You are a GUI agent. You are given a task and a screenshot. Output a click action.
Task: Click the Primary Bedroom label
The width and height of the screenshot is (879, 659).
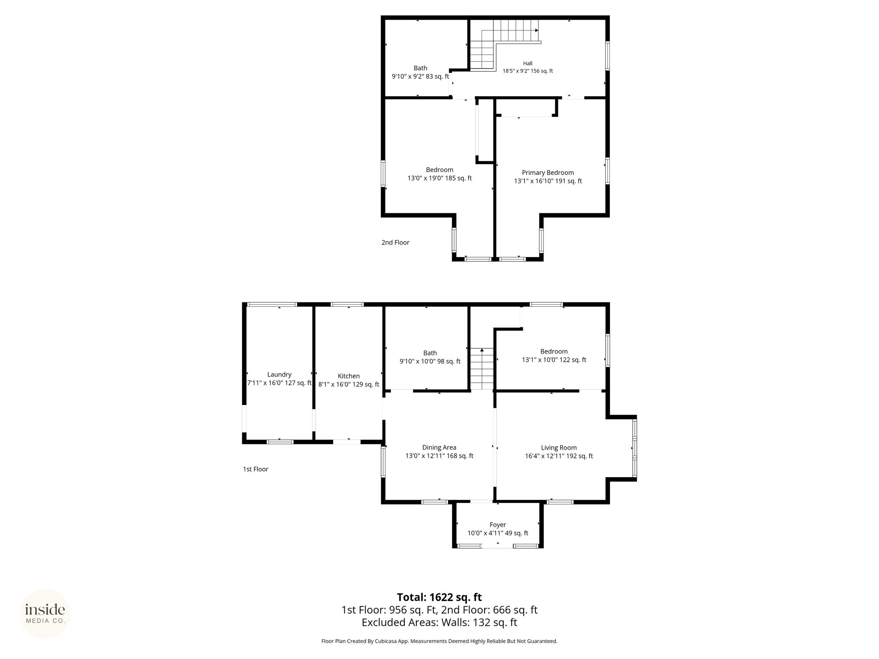point(548,172)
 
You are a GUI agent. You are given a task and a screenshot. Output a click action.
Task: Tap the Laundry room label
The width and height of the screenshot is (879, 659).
point(279,375)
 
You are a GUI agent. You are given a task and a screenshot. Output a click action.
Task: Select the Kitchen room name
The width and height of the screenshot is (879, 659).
point(349,376)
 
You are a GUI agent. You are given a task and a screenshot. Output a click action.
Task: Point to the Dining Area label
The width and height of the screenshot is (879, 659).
point(439,447)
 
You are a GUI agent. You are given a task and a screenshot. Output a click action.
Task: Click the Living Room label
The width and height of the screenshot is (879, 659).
point(559,447)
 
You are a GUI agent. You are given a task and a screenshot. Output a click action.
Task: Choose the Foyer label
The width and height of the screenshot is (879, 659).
point(498,525)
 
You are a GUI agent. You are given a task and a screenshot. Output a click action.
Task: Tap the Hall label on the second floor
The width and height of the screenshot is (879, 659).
point(528,63)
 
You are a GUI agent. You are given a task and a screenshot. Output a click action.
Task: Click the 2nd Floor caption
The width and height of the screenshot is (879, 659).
point(395,242)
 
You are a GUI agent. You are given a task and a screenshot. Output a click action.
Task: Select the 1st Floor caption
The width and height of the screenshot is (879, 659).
point(255,469)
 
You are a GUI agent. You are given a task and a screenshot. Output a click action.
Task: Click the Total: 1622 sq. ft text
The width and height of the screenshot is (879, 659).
point(439,597)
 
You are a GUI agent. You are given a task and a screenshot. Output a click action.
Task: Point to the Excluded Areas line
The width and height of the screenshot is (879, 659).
point(439,623)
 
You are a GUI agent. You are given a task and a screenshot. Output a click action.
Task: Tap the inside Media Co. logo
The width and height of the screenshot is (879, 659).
point(45,614)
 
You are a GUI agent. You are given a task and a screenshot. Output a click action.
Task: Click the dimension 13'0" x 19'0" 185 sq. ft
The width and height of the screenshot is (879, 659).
point(439,178)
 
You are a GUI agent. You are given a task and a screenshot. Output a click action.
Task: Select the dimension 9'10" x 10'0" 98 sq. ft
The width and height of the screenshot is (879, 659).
point(430,362)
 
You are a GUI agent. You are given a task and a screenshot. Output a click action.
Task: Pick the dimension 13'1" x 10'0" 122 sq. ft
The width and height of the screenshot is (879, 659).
point(554,360)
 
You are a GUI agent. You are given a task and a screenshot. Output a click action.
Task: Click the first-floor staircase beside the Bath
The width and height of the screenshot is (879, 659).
point(482,369)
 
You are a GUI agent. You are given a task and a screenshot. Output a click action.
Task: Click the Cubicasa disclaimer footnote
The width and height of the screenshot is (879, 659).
point(439,653)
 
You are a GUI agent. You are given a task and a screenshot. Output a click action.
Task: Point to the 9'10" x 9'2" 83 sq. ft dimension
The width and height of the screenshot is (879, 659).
point(420,76)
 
